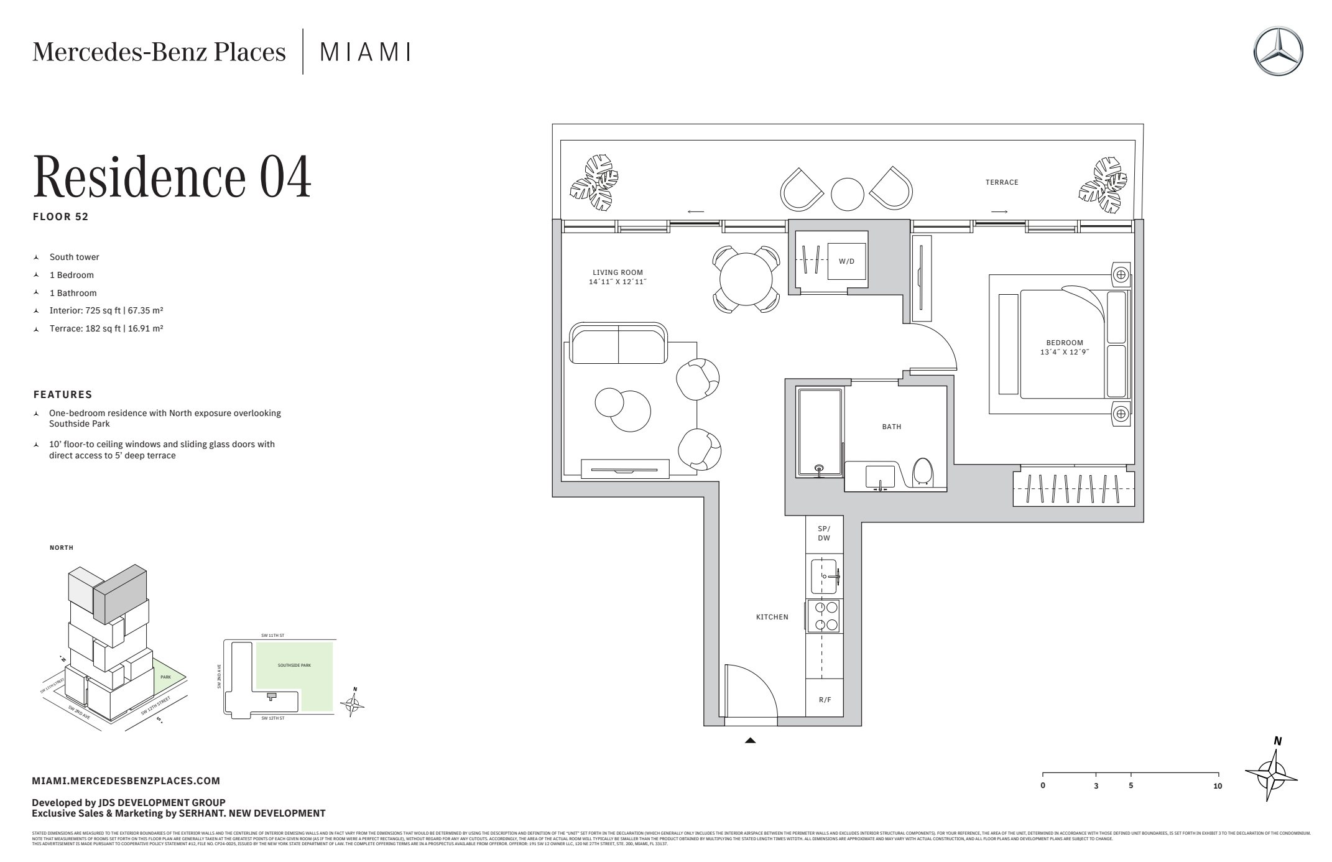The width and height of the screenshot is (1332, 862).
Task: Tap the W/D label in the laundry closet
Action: tap(846, 261)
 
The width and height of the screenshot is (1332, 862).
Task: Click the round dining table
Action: tap(746, 277)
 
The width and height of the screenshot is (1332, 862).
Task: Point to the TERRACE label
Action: tap(1002, 182)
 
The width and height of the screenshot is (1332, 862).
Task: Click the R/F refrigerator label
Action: tap(825, 700)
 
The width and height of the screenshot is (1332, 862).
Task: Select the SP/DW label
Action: tap(824, 533)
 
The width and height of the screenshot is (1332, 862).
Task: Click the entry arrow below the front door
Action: tap(751, 741)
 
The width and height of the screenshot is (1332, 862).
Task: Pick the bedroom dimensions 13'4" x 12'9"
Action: tap(1065, 352)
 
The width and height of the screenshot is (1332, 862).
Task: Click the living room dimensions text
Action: tap(617, 282)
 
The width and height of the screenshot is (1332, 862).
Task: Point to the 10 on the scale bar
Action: tap(1218, 786)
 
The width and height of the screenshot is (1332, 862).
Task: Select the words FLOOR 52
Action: tap(61, 216)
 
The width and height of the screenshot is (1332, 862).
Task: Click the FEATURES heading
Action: tap(63, 394)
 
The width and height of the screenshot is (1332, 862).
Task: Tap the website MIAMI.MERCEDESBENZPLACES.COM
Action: tap(126, 781)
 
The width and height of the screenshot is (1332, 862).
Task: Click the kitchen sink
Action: tap(823, 577)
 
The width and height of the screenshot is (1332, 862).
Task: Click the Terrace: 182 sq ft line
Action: tap(106, 328)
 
